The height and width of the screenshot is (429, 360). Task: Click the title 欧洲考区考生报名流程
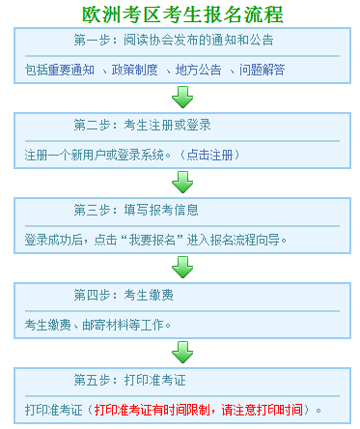[x=180, y=14]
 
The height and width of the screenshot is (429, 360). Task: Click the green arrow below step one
[x=180, y=98]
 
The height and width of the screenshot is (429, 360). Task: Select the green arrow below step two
[x=180, y=183]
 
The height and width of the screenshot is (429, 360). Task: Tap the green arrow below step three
[x=180, y=267]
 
